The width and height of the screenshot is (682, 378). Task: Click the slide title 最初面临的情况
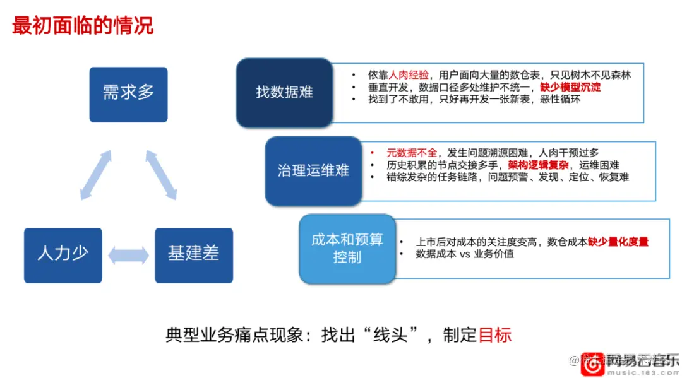(83, 26)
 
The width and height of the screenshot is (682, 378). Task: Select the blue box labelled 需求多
(128, 94)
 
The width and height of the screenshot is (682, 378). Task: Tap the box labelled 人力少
(63, 254)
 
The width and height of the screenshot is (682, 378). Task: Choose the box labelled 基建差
(194, 254)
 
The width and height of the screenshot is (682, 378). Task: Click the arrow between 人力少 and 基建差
(128, 255)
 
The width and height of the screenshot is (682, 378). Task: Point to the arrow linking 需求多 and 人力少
(95, 175)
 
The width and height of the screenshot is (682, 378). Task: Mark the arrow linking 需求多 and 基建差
(161, 175)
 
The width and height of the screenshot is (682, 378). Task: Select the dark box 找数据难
(284, 93)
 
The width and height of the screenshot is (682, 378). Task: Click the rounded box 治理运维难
(313, 170)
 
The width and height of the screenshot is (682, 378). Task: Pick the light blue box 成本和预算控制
(347, 248)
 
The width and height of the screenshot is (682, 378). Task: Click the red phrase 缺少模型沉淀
(570, 87)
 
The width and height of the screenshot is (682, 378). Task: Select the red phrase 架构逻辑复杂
(538, 165)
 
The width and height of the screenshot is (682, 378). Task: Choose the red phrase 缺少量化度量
(618, 242)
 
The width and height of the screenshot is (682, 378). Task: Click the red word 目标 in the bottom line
(494, 334)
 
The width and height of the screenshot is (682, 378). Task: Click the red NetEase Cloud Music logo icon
(592, 364)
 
